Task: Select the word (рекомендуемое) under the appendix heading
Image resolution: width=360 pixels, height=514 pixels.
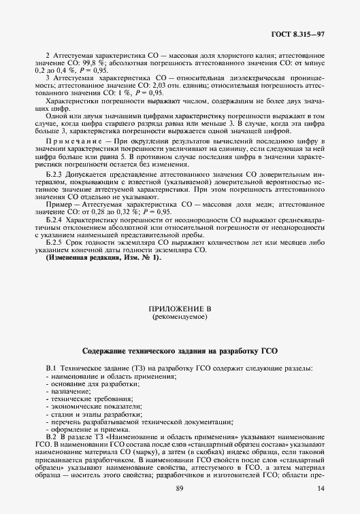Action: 180,317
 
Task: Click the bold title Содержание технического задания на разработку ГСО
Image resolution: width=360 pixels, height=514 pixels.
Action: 180,352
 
